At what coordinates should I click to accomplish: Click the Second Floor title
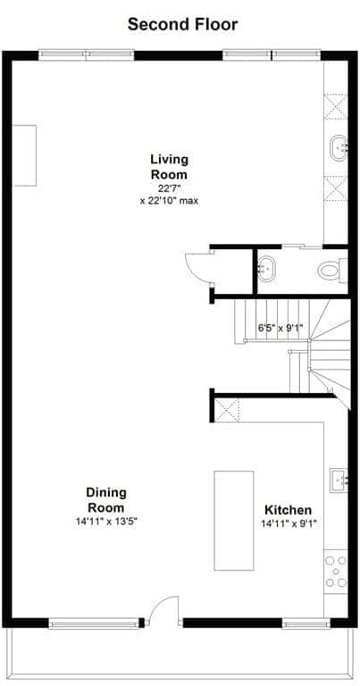pyautogui.click(x=182, y=24)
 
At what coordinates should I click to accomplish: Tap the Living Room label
pyautogui.click(x=170, y=167)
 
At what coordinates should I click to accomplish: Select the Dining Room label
pyautogui.click(x=106, y=500)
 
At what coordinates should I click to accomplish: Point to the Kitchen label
pyautogui.click(x=289, y=510)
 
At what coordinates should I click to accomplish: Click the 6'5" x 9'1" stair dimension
pyautogui.click(x=280, y=327)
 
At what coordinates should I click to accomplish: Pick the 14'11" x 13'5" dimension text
pyautogui.click(x=106, y=522)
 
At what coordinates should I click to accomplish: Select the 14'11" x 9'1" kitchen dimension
pyautogui.click(x=289, y=524)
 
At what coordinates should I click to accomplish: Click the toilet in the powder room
pyautogui.click(x=332, y=270)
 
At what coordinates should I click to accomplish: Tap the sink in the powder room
pyautogui.click(x=266, y=269)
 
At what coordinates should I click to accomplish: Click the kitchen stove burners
pyautogui.click(x=336, y=572)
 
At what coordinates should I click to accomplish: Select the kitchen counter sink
pyautogui.click(x=339, y=480)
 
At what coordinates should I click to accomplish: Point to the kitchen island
pyautogui.click(x=233, y=521)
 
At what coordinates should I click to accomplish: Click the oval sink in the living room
pyautogui.click(x=339, y=148)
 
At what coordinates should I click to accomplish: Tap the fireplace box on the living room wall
pyautogui.click(x=25, y=155)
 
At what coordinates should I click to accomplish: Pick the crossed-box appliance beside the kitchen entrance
pyautogui.click(x=227, y=410)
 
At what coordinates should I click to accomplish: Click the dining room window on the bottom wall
pyautogui.click(x=93, y=623)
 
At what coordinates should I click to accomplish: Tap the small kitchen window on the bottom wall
pyautogui.click(x=306, y=623)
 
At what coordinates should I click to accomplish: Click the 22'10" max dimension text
pyautogui.click(x=170, y=201)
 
